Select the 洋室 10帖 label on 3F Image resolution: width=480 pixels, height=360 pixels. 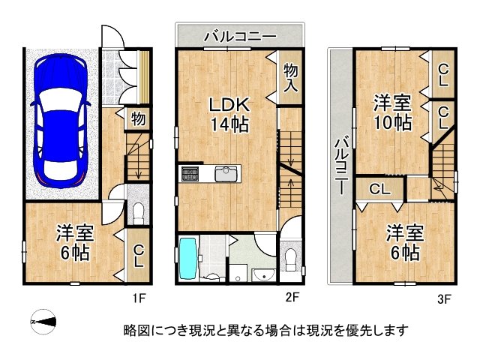tap(391, 112)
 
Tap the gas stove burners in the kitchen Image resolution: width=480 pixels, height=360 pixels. tap(189, 174)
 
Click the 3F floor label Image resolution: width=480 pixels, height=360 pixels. tap(444, 301)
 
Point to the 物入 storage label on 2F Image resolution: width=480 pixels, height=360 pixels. tap(291, 78)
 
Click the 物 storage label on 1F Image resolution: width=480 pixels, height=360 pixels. tap(138, 118)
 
